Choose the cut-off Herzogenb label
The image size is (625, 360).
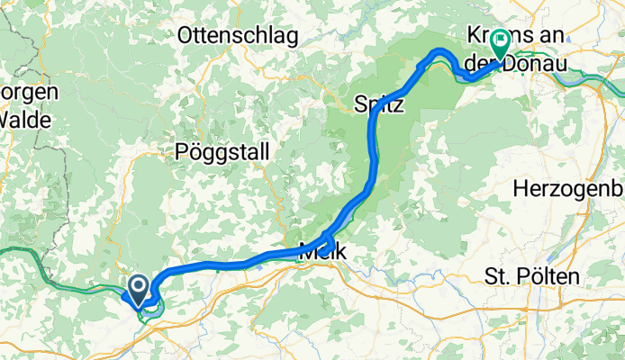tap(567, 189)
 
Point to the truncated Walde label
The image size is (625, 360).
tap(19, 118)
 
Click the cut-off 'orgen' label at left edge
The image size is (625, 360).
tap(29, 93)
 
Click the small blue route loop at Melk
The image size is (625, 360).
tap(327, 240)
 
